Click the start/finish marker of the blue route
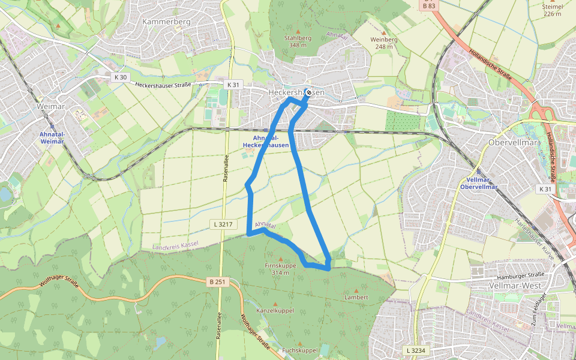pos(308,92)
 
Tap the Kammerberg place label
pos(166,22)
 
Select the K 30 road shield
pos(120,77)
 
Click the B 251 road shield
pos(219,281)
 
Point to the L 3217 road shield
pos(221,224)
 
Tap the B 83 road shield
pos(428,5)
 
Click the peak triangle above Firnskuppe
pos(280,259)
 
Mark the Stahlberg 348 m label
pos(298,41)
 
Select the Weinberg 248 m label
pos(384,43)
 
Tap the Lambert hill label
pos(356,297)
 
